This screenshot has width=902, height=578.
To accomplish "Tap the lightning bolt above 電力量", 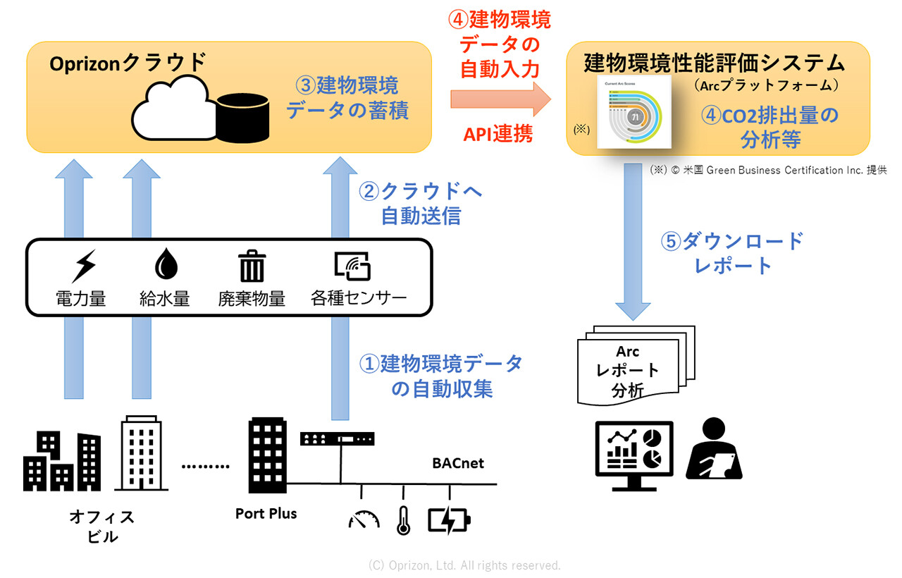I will pos(84,266).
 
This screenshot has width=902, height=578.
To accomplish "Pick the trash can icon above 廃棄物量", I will pos(251,266).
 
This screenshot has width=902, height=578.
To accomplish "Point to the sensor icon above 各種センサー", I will pos(352,266).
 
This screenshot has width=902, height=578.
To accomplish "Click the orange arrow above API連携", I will pos(500,98).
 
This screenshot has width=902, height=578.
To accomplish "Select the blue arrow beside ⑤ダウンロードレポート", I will pos(632,240).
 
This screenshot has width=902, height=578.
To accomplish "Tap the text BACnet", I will pos(458,463).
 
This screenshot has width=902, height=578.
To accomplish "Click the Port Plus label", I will pos(266,514).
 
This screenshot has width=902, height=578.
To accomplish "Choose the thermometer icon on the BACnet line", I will pos(404,521).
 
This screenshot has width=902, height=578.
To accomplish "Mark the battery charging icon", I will pos(449,521).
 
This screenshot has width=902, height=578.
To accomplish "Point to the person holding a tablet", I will pos(714,450).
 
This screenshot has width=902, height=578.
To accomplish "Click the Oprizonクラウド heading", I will pos(128,63).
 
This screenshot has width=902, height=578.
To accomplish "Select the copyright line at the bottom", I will pos(464,565).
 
